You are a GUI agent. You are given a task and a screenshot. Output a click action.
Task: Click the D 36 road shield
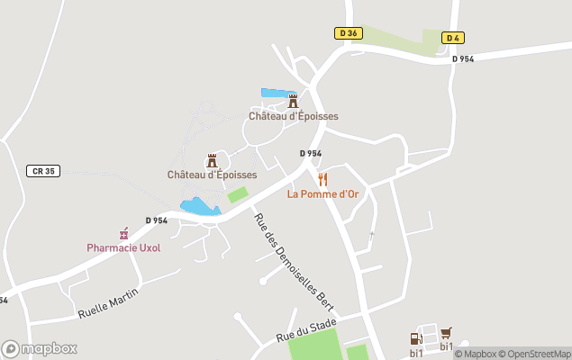349,33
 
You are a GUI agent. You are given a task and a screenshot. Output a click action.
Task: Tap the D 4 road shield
454,37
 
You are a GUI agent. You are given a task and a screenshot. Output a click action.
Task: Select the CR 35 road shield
43,171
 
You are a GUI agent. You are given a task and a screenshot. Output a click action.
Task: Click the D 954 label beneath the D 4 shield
463,58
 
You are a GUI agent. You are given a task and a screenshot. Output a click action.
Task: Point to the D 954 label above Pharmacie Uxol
157,220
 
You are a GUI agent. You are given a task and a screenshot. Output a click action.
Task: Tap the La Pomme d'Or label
322,193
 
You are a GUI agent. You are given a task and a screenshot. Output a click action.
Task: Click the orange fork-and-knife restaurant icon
322,179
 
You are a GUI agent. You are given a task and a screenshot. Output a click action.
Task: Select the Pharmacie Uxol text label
123,247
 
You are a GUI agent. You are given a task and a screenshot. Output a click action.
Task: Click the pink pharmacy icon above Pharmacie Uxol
123,233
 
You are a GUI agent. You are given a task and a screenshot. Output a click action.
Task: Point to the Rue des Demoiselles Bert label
292,263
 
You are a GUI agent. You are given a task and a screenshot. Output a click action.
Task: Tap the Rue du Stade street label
306,329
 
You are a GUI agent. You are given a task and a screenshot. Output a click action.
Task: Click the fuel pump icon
415,338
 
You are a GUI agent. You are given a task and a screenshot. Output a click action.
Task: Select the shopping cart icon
445,333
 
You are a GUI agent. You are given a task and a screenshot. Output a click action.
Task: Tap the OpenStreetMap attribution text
537,354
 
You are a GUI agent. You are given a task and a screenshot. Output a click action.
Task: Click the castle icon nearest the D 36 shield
293,102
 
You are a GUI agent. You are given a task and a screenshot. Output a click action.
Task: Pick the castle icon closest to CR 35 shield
213,160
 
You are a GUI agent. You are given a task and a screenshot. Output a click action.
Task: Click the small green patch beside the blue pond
237,194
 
